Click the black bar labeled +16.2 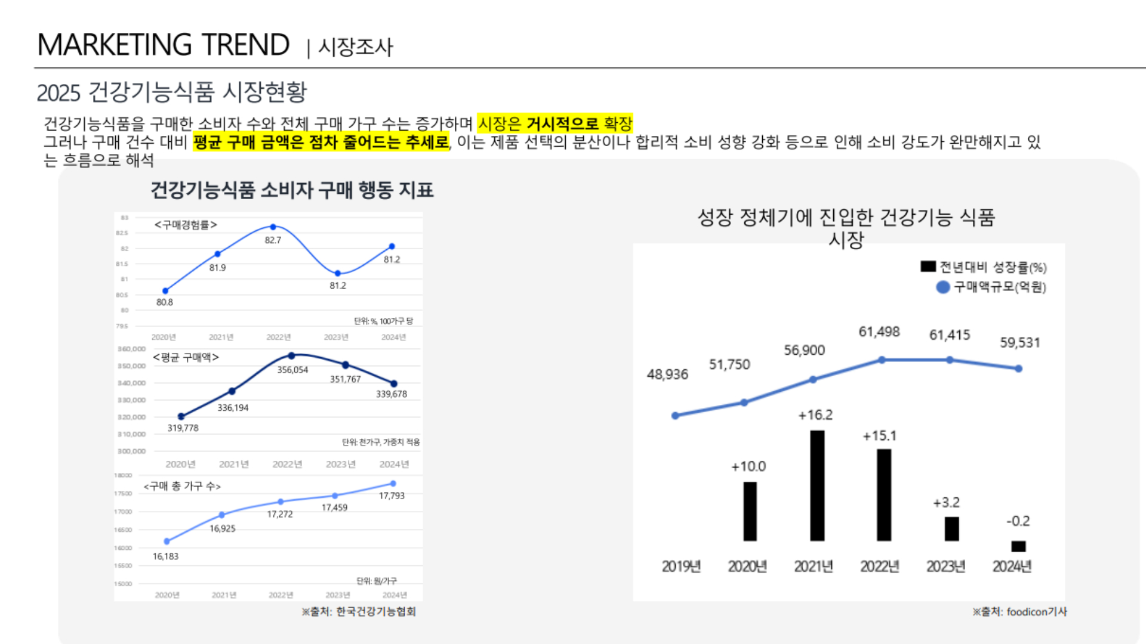click(817, 485)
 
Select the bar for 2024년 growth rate click(1018, 546)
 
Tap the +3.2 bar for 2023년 click(951, 529)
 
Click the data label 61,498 click(879, 332)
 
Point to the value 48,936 click(667, 374)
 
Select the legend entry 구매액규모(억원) click(992, 287)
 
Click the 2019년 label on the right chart click(681, 566)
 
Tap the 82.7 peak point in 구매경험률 click(273, 227)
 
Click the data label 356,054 click(292, 370)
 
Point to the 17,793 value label click(392, 496)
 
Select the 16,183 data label click(165, 556)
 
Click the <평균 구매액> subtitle click(186, 357)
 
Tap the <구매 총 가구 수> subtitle click(182, 487)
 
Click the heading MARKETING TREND click(164, 45)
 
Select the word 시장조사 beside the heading click(356, 47)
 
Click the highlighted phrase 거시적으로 click(562, 123)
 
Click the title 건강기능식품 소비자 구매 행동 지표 click(292, 190)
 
